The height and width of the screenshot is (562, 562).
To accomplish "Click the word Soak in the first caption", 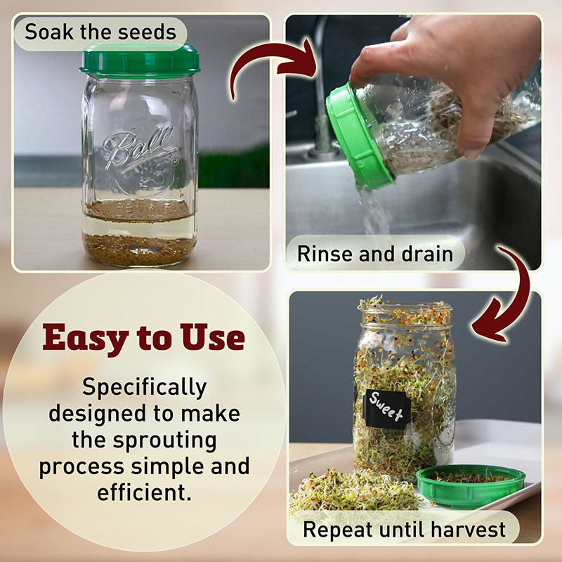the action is pyautogui.click(x=49, y=32).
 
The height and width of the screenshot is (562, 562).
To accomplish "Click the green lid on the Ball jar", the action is pyautogui.click(x=140, y=60).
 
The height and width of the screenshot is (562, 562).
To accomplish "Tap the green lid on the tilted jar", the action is pyautogui.click(x=358, y=137).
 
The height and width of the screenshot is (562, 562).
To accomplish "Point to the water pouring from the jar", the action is pyautogui.click(x=374, y=211).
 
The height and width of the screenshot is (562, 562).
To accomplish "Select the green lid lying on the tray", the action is pyautogui.click(x=471, y=485).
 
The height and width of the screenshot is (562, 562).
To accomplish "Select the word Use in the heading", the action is pyautogui.click(x=213, y=337).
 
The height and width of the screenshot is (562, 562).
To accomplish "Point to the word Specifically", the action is pyautogui.click(x=145, y=388).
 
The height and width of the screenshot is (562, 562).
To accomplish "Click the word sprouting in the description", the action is pyautogui.click(x=165, y=441).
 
